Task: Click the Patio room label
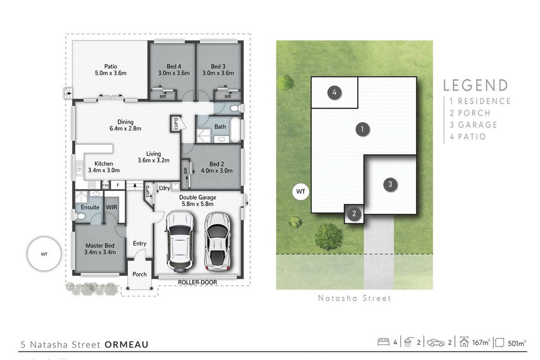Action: (x=111, y=66)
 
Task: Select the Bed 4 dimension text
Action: (x=174, y=73)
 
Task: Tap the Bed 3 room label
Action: (x=218, y=66)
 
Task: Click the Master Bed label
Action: (x=100, y=245)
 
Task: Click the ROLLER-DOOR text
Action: (x=197, y=282)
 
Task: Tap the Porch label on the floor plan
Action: (x=139, y=274)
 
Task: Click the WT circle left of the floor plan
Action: (x=44, y=254)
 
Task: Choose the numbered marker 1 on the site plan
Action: (x=362, y=130)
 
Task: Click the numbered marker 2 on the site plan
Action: (x=354, y=214)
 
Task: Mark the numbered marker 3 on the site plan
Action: (x=390, y=184)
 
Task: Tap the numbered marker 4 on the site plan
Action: (x=334, y=93)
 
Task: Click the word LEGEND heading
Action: (x=476, y=85)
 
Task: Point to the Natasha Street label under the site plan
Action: (x=355, y=298)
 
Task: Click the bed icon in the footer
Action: (x=383, y=342)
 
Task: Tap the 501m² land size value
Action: (x=517, y=343)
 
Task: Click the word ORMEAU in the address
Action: (x=126, y=345)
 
